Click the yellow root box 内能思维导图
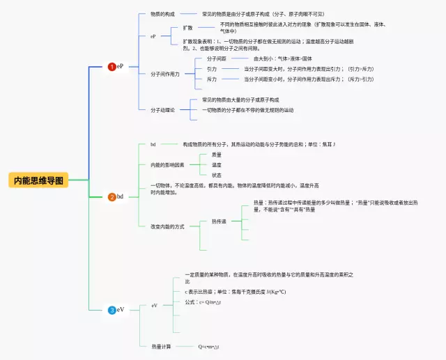pyautogui.click(x=39, y=180)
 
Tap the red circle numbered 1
pyautogui.click(x=112, y=67)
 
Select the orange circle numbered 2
pyautogui.click(x=112, y=197)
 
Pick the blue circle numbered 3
pyautogui.click(x=112, y=310)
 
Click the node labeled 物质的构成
pyautogui.click(x=163, y=14)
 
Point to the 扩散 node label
pyautogui.click(x=187, y=28)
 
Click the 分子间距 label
pyautogui.click(x=216, y=59)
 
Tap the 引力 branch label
pyautogui.click(x=212, y=69)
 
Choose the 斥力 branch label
pyautogui.click(x=212, y=79)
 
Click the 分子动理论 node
pyautogui.click(x=163, y=109)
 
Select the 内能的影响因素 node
pyautogui.click(x=168, y=165)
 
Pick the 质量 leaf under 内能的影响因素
pyautogui.click(x=217, y=155)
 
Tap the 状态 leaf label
pyautogui.click(x=217, y=175)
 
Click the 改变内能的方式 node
pyautogui.click(x=167, y=226)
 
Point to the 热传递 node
pyautogui.click(x=219, y=221)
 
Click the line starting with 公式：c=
pyautogui.click(x=203, y=302)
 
